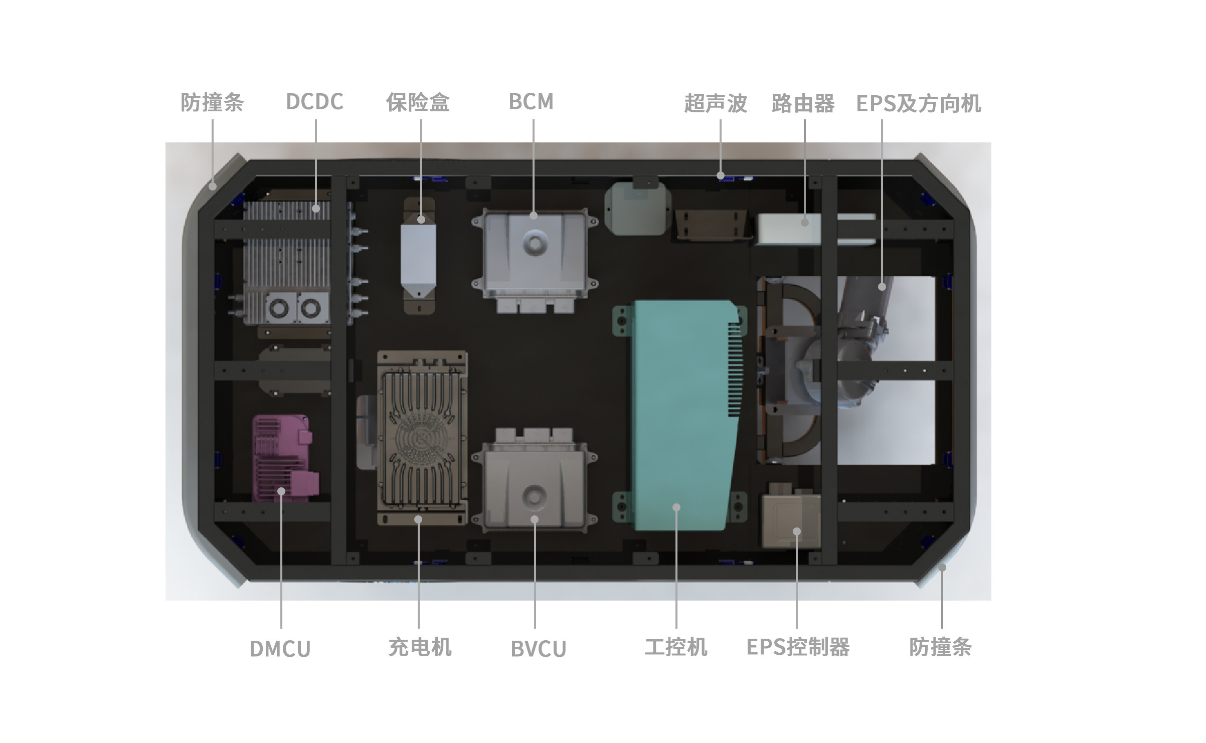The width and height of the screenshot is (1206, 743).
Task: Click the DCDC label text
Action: (x=314, y=102)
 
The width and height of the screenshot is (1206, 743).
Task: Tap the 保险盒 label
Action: (x=417, y=102)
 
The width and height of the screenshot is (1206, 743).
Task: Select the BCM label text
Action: (x=531, y=102)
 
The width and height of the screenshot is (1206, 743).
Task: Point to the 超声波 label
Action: (x=716, y=103)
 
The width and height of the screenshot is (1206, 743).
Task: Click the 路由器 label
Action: (x=803, y=103)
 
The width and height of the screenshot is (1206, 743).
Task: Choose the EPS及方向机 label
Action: (x=918, y=103)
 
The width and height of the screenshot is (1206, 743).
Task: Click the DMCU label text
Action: (x=280, y=649)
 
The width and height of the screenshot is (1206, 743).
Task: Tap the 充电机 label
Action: (x=420, y=647)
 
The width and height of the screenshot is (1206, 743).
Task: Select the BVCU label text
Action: (x=538, y=649)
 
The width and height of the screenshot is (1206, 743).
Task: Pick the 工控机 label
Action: (x=676, y=647)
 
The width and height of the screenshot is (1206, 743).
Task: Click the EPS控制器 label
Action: (x=798, y=647)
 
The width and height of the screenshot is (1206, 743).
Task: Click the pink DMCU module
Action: (x=284, y=457)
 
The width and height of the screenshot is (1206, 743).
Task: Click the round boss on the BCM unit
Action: (x=535, y=244)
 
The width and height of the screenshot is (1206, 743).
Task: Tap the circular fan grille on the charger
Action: (x=423, y=441)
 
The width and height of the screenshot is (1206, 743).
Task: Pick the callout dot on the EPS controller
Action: (x=796, y=531)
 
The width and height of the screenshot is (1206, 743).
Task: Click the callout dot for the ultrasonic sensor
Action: (x=720, y=175)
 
